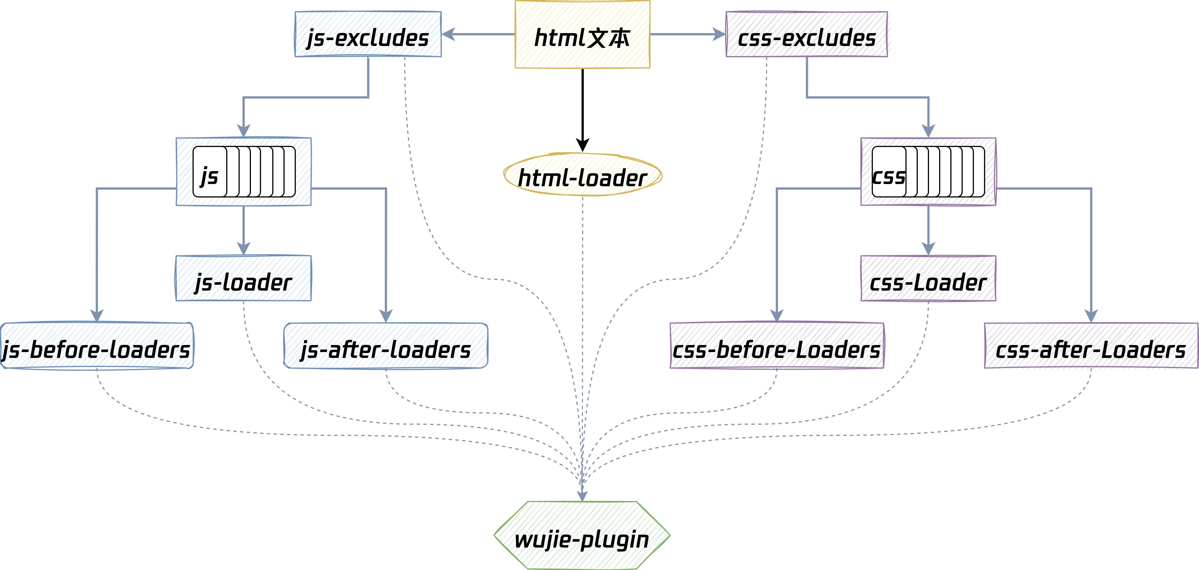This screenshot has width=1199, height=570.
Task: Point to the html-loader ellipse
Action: click(582, 175)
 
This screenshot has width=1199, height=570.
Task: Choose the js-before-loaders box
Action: click(97, 346)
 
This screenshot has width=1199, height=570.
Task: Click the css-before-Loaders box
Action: click(777, 346)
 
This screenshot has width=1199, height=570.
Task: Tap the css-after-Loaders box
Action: click(1091, 346)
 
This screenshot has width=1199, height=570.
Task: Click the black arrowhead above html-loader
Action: click(582, 145)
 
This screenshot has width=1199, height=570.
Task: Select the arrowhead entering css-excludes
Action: click(719, 34)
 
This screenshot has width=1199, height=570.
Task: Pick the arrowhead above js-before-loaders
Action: click(97, 316)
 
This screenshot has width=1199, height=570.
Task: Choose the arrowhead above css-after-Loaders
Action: click(1091, 316)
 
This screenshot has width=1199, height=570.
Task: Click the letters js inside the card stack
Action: click(209, 176)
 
